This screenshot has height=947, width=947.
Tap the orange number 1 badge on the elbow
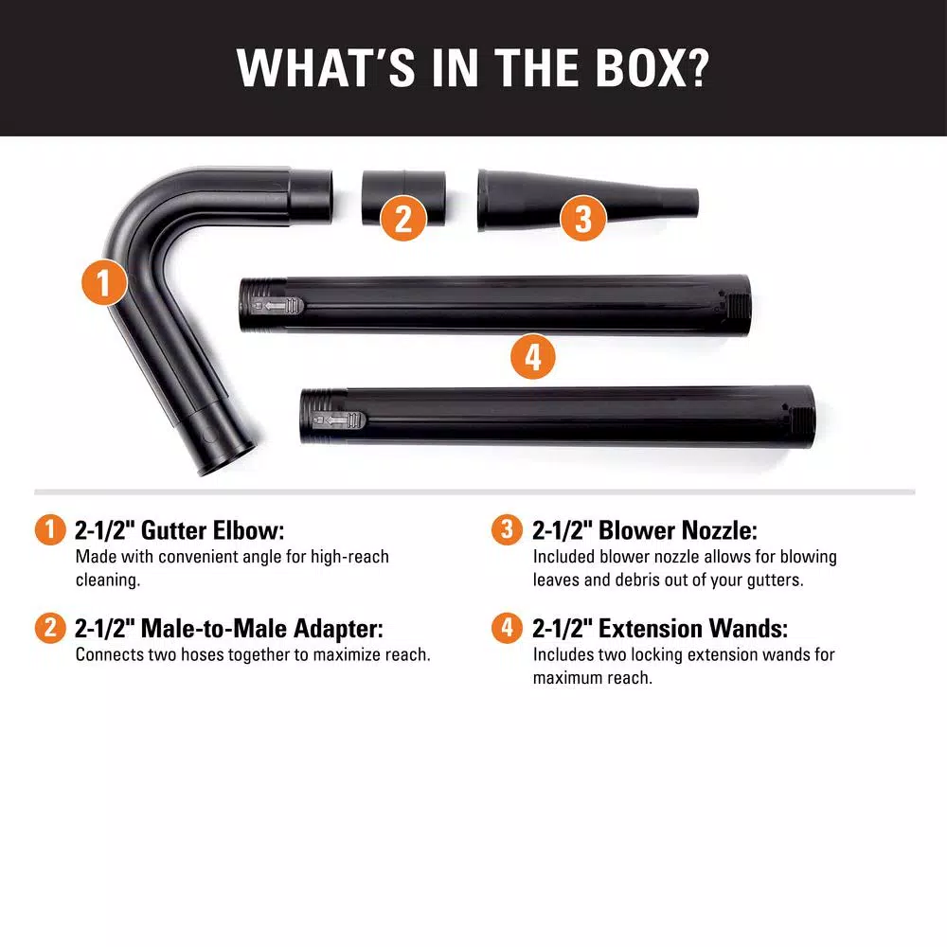coord(103,281)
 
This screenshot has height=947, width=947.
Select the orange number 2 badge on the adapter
coord(403,219)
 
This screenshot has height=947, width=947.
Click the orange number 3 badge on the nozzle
coord(582,219)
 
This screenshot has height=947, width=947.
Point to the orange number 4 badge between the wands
coord(532,357)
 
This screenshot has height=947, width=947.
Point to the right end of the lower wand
coord(806,414)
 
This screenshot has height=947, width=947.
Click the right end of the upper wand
coord(742,302)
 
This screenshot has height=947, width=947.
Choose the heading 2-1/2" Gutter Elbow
coord(179,530)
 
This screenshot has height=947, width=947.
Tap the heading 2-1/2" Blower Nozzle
coord(644,530)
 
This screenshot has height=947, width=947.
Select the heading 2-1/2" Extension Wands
coord(659,629)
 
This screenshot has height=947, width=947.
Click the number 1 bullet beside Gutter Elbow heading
coord(50,530)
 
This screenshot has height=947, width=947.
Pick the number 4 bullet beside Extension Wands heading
coord(507,629)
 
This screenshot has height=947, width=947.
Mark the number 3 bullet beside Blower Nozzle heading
coord(507,530)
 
